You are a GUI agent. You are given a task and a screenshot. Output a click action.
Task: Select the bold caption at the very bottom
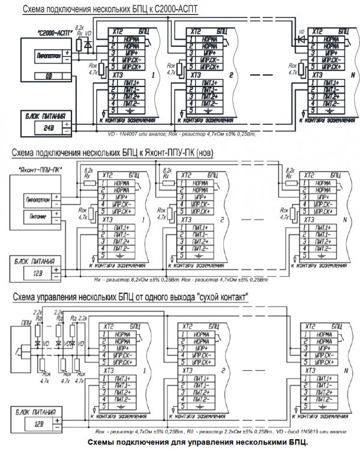tap(193, 443)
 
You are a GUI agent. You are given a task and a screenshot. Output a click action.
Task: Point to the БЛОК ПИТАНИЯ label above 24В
tap(45, 116)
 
